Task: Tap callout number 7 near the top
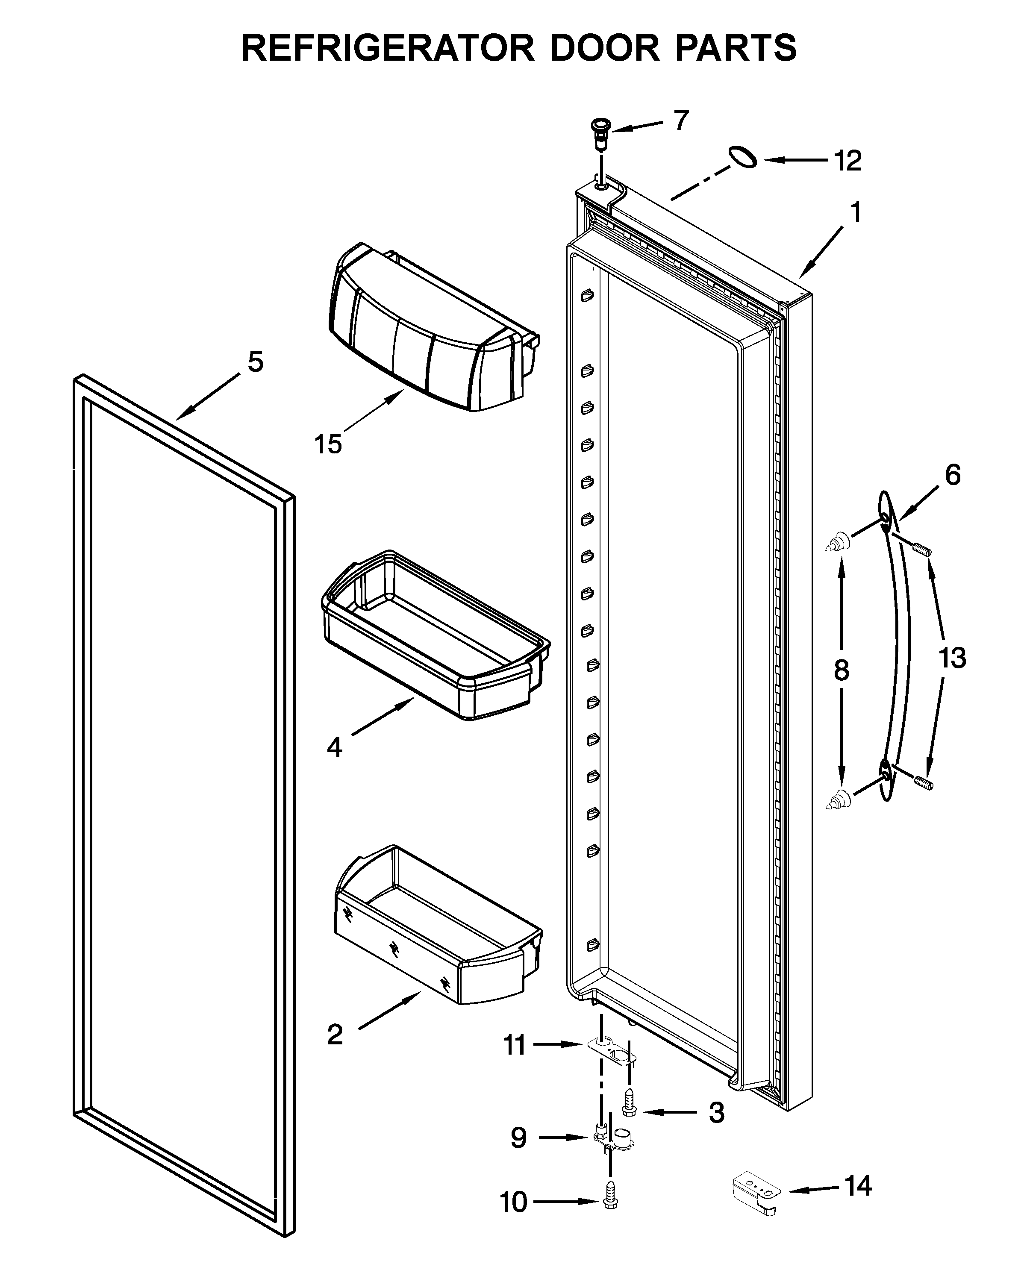click(682, 121)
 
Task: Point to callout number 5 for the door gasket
click(255, 362)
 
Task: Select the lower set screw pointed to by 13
click(924, 784)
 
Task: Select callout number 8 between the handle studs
click(841, 671)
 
